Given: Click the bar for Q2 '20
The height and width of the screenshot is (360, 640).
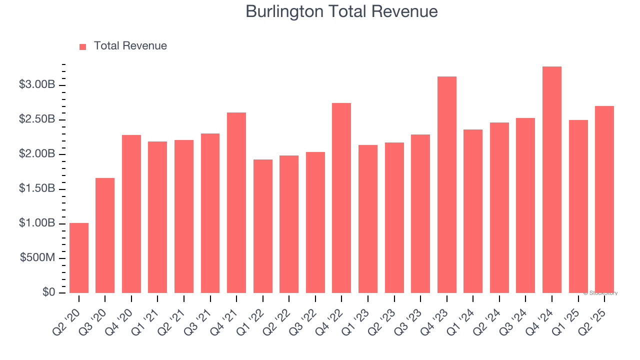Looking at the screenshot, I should [x=79, y=258].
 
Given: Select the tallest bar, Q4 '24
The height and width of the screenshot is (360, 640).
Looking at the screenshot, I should [x=552, y=180].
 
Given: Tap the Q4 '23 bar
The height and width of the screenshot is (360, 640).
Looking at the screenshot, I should [x=447, y=185].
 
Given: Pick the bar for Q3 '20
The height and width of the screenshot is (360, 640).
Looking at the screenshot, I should [x=105, y=235].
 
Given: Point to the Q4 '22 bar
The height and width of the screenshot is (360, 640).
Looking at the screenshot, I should [x=341, y=198].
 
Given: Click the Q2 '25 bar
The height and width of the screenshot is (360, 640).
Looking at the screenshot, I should [x=604, y=199].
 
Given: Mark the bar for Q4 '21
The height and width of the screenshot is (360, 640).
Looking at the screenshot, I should [x=236, y=202].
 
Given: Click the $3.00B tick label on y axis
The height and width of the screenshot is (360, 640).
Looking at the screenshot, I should [x=36, y=85].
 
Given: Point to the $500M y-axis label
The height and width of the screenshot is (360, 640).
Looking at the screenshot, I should [x=37, y=258].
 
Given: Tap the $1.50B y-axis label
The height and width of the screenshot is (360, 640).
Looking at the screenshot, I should [x=36, y=189].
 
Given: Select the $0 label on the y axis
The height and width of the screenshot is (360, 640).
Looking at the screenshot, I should [x=48, y=292].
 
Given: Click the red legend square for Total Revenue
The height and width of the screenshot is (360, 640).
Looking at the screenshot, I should [x=83, y=46].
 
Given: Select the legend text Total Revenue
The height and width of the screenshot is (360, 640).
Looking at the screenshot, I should [x=130, y=46].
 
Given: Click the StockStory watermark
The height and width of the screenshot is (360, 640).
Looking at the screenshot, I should [x=600, y=293].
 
